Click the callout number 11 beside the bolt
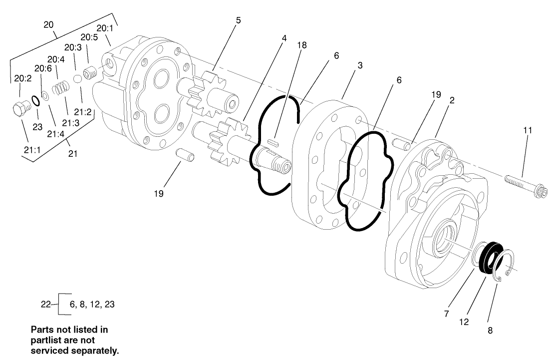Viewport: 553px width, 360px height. (528, 130)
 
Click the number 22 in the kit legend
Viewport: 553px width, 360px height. (46, 304)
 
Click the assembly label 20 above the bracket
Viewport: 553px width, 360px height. (49, 24)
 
